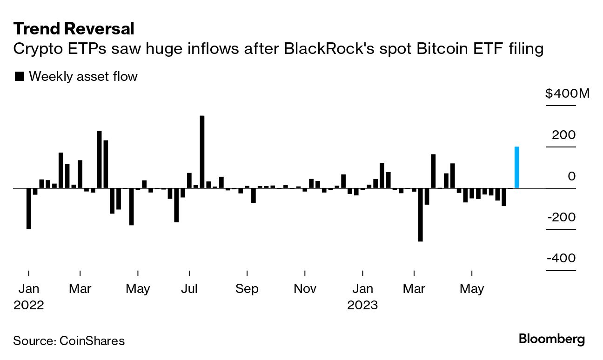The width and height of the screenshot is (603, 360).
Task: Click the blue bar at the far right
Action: point(516,167)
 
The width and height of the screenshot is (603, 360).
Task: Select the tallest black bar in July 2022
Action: point(202,152)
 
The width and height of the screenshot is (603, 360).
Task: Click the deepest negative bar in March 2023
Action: point(421,214)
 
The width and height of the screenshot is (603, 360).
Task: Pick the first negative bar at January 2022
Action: point(29,208)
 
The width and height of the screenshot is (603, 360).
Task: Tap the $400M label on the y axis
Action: point(567,94)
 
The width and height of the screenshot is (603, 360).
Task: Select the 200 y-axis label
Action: point(563,135)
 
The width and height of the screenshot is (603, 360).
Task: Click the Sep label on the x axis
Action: point(247,289)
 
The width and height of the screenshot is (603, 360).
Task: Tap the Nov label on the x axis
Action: point(305,289)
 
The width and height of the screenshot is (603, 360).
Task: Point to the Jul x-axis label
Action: point(189,289)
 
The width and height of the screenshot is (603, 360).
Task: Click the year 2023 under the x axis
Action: point(362,306)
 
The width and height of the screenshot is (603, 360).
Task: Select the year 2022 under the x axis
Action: point(29,306)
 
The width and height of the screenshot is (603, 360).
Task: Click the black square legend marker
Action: point(20,76)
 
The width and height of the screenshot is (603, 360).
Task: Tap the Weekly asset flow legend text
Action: point(83,76)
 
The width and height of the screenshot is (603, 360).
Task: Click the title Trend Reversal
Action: point(74,29)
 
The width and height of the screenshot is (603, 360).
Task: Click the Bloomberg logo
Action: point(551,339)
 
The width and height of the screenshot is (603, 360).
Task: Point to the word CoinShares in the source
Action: point(92,341)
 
